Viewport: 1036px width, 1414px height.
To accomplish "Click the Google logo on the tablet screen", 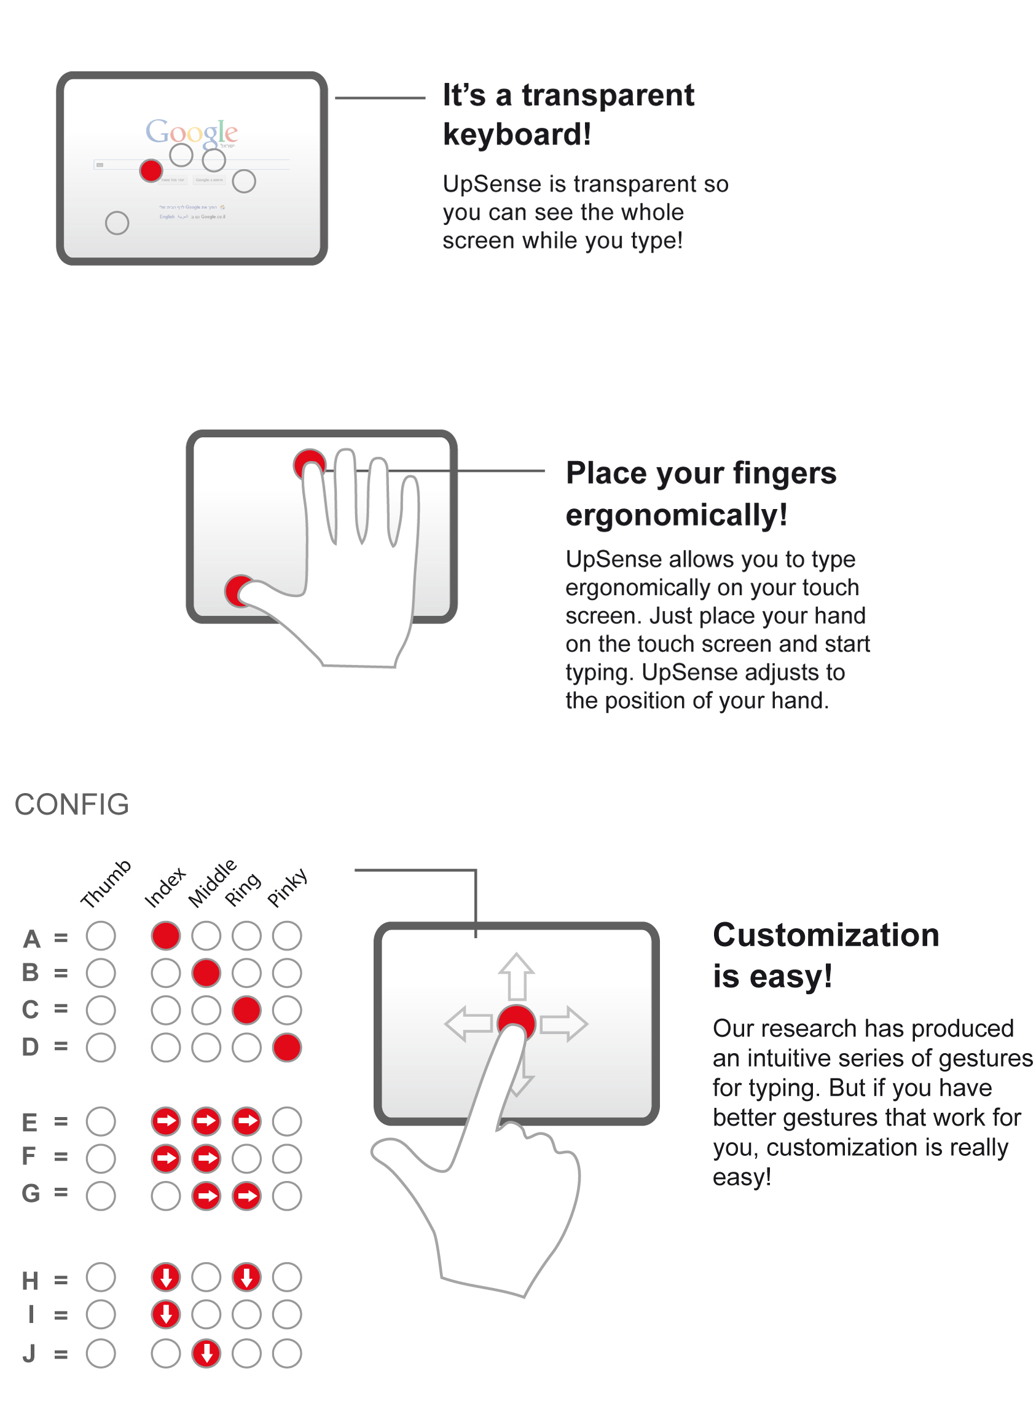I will click(191, 132).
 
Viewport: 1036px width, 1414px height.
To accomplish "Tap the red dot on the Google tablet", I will click(151, 171).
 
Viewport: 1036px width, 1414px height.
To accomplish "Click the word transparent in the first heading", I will click(608, 95).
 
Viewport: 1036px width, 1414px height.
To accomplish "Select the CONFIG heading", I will click(71, 805).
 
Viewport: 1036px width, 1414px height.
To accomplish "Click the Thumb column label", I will click(105, 884).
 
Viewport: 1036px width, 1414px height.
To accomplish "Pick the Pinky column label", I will click(287, 887).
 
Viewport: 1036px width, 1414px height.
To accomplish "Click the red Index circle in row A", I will click(165, 936).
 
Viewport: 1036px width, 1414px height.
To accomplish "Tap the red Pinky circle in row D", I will click(287, 1048).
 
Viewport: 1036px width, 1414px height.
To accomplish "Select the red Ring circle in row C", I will click(246, 1011).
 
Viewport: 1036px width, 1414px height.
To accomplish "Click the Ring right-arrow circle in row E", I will click(246, 1121).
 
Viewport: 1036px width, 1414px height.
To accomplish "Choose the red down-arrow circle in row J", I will click(206, 1354).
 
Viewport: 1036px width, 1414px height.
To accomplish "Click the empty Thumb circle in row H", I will click(101, 1278).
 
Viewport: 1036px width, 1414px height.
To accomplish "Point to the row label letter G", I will click(30, 1194).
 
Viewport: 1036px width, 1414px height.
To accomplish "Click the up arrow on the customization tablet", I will click(516, 976).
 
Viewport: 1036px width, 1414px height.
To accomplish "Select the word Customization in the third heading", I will click(826, 935).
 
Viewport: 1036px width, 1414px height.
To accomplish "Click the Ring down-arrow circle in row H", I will click(246, 1278).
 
